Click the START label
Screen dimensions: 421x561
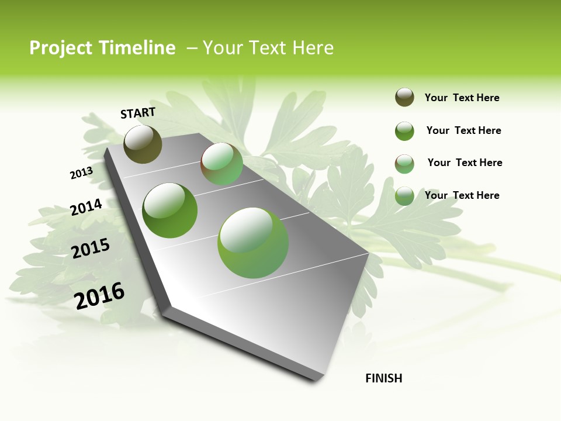(138, 113)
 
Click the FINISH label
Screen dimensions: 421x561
(383, 378)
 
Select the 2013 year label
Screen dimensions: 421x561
(81, 172)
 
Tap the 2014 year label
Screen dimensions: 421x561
(86, 207)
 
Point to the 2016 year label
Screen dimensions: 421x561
(99, 295)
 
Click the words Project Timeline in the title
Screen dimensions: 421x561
(102, 48)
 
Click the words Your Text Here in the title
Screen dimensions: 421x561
(268, 48)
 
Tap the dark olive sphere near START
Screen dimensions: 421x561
(143, 144)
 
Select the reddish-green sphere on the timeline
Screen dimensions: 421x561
(221, 164)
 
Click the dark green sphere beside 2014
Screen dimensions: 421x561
(170, 210)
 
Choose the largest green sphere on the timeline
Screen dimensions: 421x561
(253, 243)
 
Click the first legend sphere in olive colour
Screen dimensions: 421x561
(404, 97)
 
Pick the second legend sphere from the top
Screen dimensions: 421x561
(404, 131)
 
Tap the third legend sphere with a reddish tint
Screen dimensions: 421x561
(404, 164)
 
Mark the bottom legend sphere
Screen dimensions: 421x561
(404, 196)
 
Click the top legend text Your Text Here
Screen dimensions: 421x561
(462, 98)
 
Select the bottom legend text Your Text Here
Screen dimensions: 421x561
(462, 195)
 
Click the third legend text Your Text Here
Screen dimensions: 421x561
(465, 163)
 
